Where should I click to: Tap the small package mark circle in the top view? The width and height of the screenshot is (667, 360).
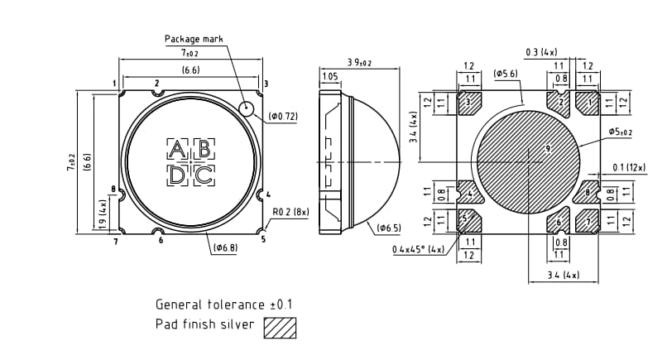click(247, 108)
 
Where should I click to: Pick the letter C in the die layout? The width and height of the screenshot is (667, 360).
click(204, 175)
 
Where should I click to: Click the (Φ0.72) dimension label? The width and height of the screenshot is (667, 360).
click(283, 117)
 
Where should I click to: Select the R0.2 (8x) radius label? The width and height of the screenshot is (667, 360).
click(290, 212)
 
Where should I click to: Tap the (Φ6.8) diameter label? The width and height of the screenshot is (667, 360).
click(226, 247)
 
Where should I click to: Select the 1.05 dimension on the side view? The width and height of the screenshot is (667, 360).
click(329, 77)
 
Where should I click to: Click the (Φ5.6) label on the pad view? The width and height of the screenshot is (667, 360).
click(506, 74)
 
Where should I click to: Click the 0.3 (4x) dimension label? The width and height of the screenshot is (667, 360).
click(541, 52)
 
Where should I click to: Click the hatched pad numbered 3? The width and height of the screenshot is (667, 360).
click(470, 103)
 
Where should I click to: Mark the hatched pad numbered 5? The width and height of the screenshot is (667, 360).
click(469, 221)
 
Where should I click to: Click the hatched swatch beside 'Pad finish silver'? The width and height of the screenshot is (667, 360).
click(280, 328)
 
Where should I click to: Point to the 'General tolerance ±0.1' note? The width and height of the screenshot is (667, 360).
click(223, 304)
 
